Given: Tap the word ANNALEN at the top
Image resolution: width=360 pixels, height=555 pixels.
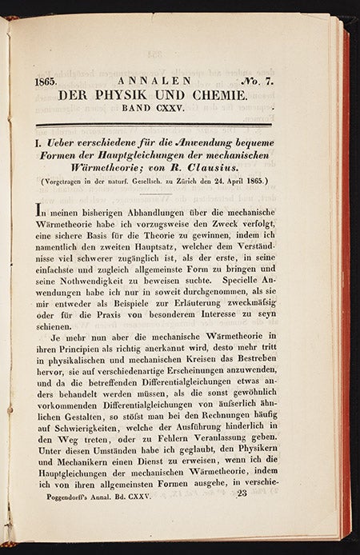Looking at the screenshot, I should (x=150, y=81).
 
